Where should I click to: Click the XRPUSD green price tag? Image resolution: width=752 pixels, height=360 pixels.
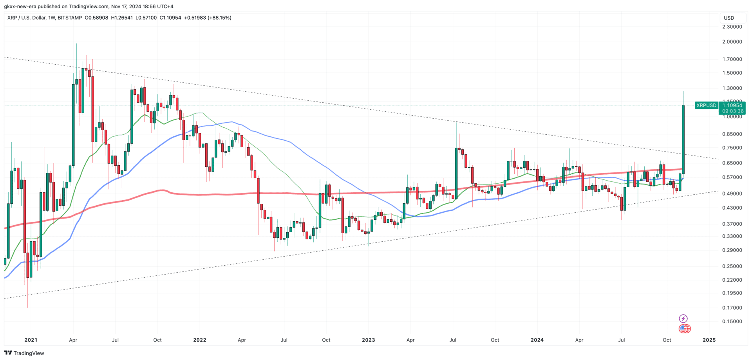pyautogui.click(x=706, y=105)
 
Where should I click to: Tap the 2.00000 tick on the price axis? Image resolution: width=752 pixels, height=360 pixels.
pyautogui.click(x=732, y=42)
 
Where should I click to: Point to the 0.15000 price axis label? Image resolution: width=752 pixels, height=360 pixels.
pyautogui.click(x=732, y=322)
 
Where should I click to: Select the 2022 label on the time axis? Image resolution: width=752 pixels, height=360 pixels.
pyautogui.click(x=199, y=340)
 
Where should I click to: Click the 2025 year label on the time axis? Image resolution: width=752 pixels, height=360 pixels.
pyautogui.click(x=709, y=340)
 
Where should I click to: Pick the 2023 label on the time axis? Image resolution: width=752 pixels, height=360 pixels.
pyautogui.click(x=368, y=340)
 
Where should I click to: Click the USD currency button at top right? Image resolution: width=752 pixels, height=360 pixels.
pyautogui.click(x=729, y=18)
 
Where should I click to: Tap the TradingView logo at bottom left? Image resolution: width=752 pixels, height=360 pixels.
pyautogui.click(x=24, y=353)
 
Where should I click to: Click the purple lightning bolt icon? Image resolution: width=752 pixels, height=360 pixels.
pyautogui.click(x=683, y=318)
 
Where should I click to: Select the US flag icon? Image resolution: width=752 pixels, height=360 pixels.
pyautogui.click(x=684, y=329)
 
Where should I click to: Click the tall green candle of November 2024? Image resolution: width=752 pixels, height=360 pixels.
pyautogui.click(x=683, y=139)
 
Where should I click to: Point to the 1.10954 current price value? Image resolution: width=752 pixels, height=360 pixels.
pyautogui.click(x=732, y=105)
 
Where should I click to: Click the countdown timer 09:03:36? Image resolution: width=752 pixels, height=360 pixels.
pyautogui.click(x=732, y=111)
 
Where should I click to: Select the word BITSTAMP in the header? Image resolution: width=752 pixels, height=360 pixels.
pyautogui.click(x=69, y=18)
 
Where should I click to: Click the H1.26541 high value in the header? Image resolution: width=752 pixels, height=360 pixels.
pyautogui.click(x=122, y=18)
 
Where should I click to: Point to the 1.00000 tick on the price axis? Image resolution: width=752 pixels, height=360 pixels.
pyautogui.click(x=732, y=117)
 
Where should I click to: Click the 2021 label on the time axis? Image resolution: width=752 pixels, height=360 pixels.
pyautogui.click(x=31, y=340)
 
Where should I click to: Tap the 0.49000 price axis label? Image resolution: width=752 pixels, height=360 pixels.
pyautogui.click(x=732, y=194)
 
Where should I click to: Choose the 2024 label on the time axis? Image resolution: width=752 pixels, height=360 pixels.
pyautogui.click(x=537, y=340)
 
